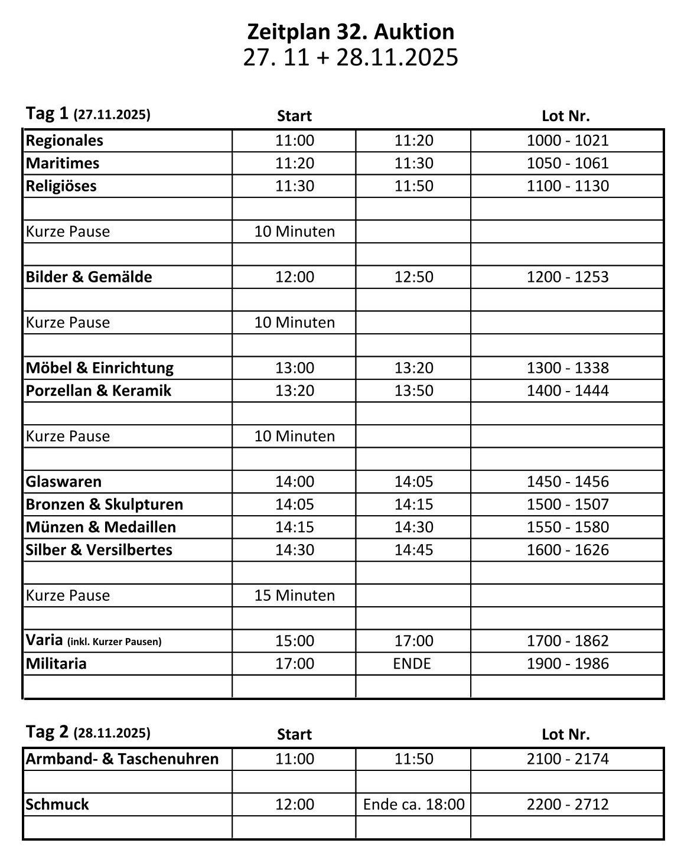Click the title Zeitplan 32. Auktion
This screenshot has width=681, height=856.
(x=350, y=31)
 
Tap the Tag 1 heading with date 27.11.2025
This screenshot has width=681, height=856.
(x=88, y=114)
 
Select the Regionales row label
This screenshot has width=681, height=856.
(x=64, y=141)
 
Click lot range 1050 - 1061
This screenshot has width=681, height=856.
(x=567, y=163)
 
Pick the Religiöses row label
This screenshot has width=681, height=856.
(x=61, y=186)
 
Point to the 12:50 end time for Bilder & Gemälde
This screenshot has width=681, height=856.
(x=413, y=277)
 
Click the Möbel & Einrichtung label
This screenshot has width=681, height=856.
(x=99, y=368)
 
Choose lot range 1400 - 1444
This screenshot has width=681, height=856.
(x=567, y=390)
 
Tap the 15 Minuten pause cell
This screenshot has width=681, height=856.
(x=294, y=595)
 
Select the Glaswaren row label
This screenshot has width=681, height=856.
(x=63, y=482)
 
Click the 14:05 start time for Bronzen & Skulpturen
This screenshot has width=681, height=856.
(x=294, y=505)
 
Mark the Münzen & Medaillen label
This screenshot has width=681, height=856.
(x=100, y=527)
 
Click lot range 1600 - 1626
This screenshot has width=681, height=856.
(x=567, y=550)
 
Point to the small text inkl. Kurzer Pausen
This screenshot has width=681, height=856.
(x=115, y=642)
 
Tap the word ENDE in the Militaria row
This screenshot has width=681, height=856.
(x=412, y=664)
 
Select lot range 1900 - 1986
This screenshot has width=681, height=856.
(x=567, y=664)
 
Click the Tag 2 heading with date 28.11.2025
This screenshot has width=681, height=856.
(x=88, y=733)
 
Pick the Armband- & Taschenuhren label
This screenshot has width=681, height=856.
(x=122, y=759)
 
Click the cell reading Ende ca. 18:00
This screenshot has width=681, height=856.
(x=413, y=805)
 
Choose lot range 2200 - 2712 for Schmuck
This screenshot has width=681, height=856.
(x=567, y=805)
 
